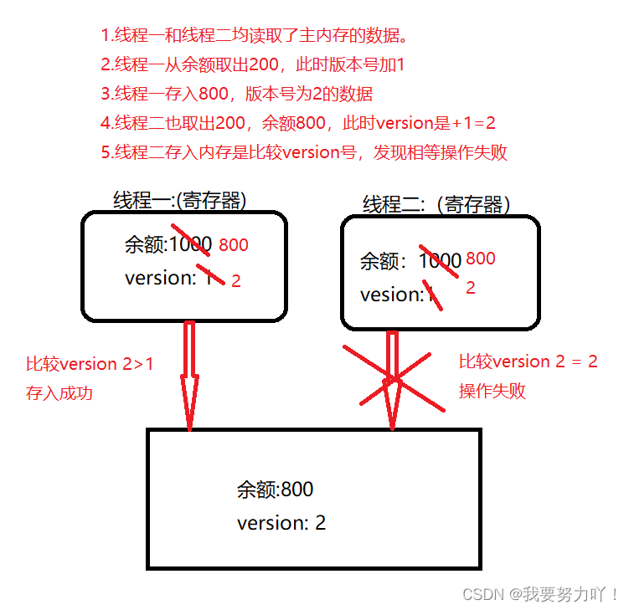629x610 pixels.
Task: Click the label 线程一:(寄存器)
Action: tap(180, 199)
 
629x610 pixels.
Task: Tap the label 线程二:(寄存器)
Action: tap(436, 204)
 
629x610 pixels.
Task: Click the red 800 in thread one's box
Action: tap(234, 245)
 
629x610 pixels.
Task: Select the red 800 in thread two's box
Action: tap(481, 259)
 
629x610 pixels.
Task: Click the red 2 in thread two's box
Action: tap(471, 288)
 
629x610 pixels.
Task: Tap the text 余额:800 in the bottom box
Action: tap(275, 490)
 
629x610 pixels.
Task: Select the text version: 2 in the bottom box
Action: tap(281, 523)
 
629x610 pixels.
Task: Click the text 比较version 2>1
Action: tap(90, 364)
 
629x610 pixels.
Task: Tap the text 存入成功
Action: tap(59, 392)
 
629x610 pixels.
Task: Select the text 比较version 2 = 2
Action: tap(528, 361)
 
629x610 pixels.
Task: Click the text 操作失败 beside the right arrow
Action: tap(492, 390)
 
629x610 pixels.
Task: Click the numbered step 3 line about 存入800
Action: tap(236, 94)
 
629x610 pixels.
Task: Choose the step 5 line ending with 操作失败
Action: tap(303, 152)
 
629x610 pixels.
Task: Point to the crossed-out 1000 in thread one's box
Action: tap(190, 244)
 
